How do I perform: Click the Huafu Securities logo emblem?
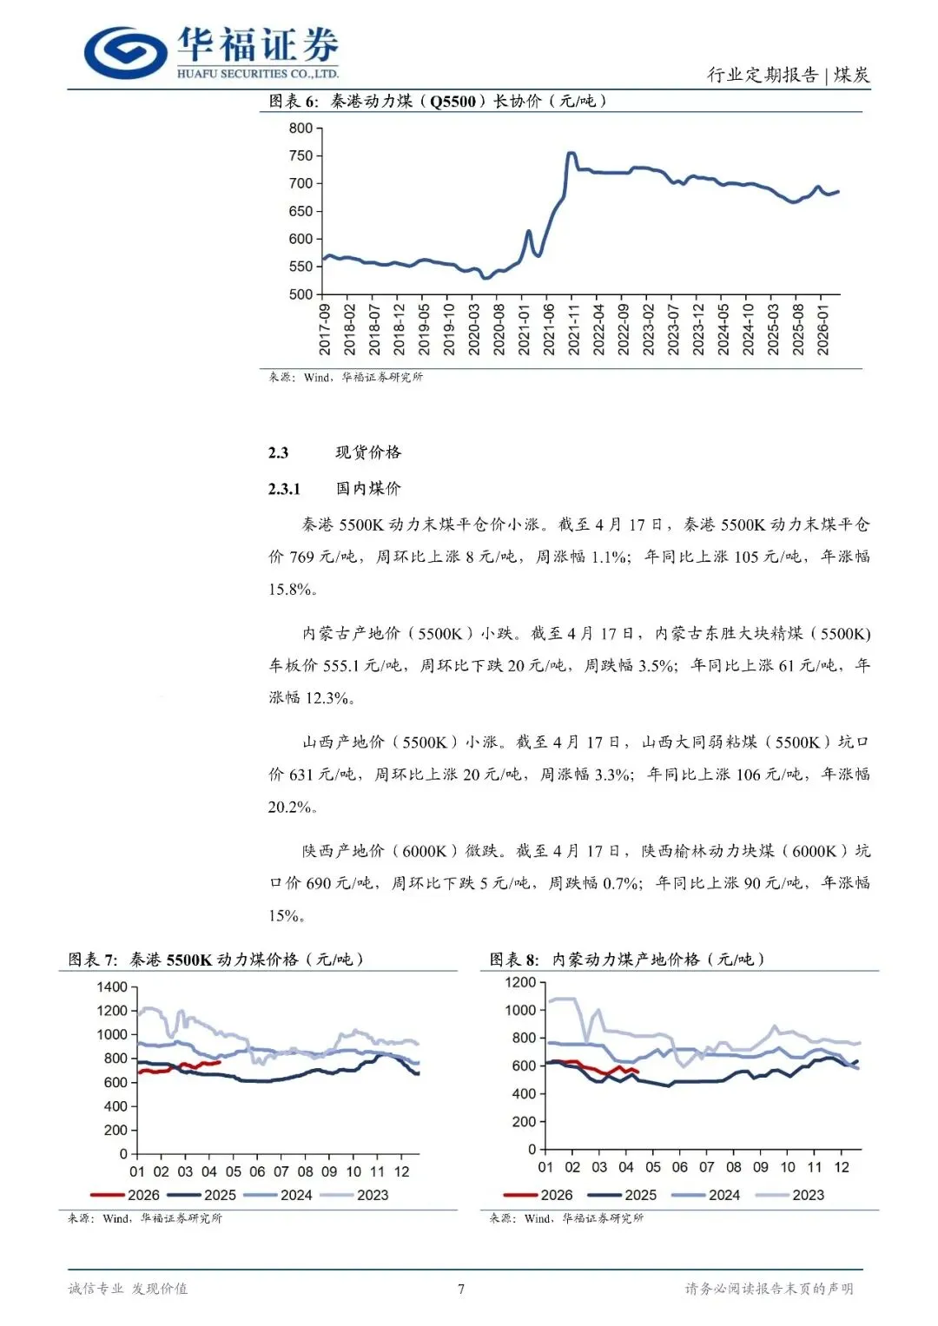(125, 52)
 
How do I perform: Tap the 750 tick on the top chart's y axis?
(301, 156)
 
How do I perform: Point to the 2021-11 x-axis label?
(573, 329)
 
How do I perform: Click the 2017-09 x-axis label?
(324, 329)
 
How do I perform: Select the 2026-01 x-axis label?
(822, 329)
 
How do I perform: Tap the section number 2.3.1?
(284, 489)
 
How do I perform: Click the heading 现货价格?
(368, 452)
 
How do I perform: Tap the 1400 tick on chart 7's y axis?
(112, 987)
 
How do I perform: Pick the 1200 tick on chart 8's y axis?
(520, 983)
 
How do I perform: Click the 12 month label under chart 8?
(841, 1167)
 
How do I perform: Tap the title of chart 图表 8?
(626, 960)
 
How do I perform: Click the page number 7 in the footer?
(461, 1289)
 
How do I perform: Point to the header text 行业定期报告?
(762, 75)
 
